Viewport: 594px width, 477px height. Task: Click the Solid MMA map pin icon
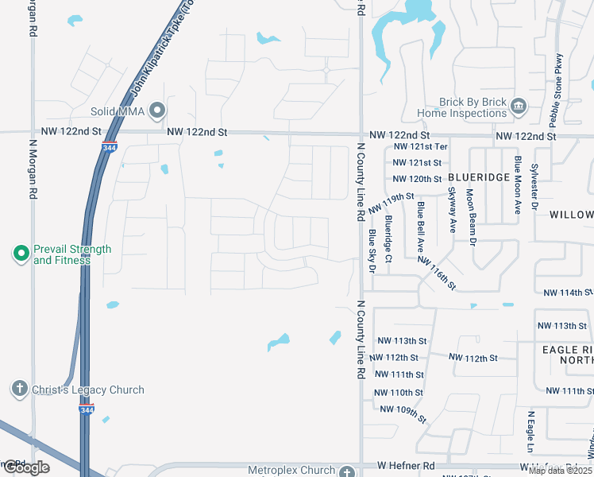[x=158, y=111]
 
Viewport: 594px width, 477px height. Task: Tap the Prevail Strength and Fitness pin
[x=21, y=254]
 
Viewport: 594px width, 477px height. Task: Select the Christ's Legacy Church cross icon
[x=21, y=390]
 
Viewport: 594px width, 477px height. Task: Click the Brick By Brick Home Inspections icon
[x=518, y=106]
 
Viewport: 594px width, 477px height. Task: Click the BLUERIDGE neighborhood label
[x=478, y=177]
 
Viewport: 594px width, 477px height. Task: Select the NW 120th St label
[x=417, y=179]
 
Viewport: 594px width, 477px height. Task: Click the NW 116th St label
[x=437, y=272]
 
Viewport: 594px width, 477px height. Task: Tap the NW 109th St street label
[x=403, y=413]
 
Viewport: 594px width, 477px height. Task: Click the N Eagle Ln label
[x=530, y=433]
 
